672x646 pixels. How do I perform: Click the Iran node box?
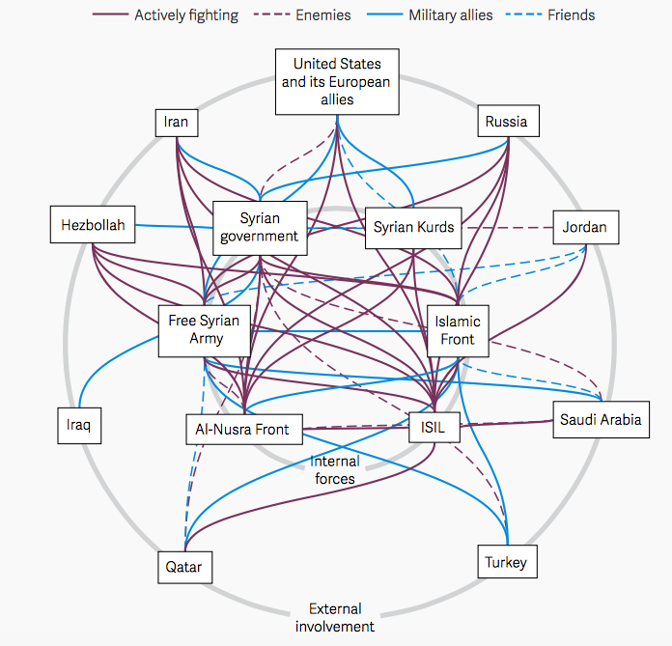pos(176,123)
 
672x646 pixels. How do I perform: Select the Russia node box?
pos(507,122)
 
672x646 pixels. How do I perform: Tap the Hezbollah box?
pos(93,225)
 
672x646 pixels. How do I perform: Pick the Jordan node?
pos(585,228)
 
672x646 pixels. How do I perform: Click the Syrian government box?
pos(260,228)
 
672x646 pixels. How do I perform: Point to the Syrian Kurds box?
pos(412,228)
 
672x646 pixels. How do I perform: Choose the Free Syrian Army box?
pos(205,329)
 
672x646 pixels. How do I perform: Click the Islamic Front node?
pos(457,330)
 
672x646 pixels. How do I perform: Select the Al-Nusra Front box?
pos(243,430)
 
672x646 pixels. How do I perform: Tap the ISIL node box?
pos(434,425)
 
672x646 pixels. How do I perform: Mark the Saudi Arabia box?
pos(601,420)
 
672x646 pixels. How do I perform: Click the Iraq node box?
pos(78,425)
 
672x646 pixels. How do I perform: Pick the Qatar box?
pos(183,567)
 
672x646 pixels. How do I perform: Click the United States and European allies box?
pos(336,82)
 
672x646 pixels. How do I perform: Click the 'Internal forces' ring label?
pos(335,469)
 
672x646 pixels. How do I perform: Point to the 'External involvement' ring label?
pos(335,618)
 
